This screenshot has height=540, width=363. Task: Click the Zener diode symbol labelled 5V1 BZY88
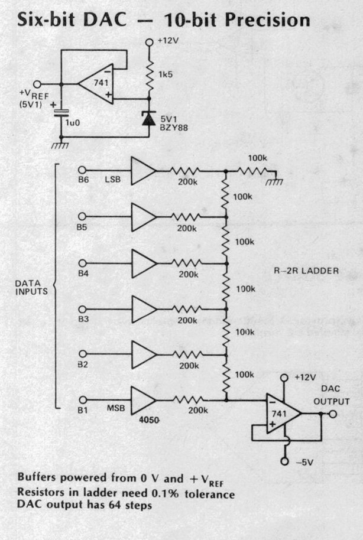tap(149, 118)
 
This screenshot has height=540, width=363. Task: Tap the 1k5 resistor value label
tap(166, 74)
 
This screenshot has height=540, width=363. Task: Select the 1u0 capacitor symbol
tap(61, 112)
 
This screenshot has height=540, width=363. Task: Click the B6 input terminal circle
tap(82, 170)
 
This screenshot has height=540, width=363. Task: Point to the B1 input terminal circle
tap(83, 400)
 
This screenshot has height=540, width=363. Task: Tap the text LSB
tap(113, 180)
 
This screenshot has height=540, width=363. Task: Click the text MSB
tap(116, 408)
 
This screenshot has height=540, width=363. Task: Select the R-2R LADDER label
tap(306, 271)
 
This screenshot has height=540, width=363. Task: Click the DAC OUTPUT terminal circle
tap(333, 414)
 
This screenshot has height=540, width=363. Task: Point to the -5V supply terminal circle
tap(284, 461)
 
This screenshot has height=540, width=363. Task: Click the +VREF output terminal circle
tap(37, 84)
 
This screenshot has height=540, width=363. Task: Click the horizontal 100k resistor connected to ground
tap(251, 171)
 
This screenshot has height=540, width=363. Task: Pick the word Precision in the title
tap(267, 20)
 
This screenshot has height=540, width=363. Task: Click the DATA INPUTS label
tap(31, 287)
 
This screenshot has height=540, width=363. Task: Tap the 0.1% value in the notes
tap(166, 493)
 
